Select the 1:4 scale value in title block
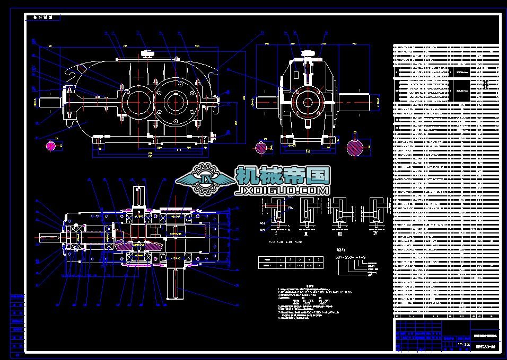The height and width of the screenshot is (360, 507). tap(467, 345)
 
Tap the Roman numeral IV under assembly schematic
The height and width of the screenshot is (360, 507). tap(375, 231)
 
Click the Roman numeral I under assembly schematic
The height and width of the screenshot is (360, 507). tap(276, 231)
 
